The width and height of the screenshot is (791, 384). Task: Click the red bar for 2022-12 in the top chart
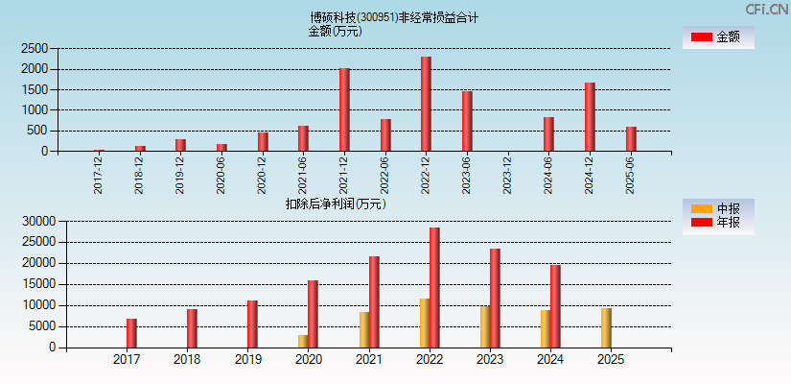pos(426,104)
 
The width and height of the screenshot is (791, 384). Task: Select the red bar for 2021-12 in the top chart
pos(344,109)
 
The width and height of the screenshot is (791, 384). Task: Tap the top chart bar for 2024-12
pos(590,116)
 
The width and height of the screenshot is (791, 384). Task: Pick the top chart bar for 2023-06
pos(467,121)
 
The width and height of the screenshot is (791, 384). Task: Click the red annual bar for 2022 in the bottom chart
pos(434,287)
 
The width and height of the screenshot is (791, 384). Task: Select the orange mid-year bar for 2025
pos(606,327)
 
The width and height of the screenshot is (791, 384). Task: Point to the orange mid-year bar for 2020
pos(303,341)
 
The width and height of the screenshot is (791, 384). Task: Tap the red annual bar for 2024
pos(555,305)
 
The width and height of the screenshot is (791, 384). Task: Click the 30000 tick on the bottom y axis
pos(37,221)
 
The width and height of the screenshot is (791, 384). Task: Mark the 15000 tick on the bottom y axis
pos(37,284)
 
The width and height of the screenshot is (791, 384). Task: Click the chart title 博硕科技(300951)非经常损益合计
pos(394,16)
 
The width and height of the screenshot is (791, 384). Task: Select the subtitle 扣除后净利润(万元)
pos(336,204)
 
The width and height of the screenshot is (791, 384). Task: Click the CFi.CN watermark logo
pos(765,10)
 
